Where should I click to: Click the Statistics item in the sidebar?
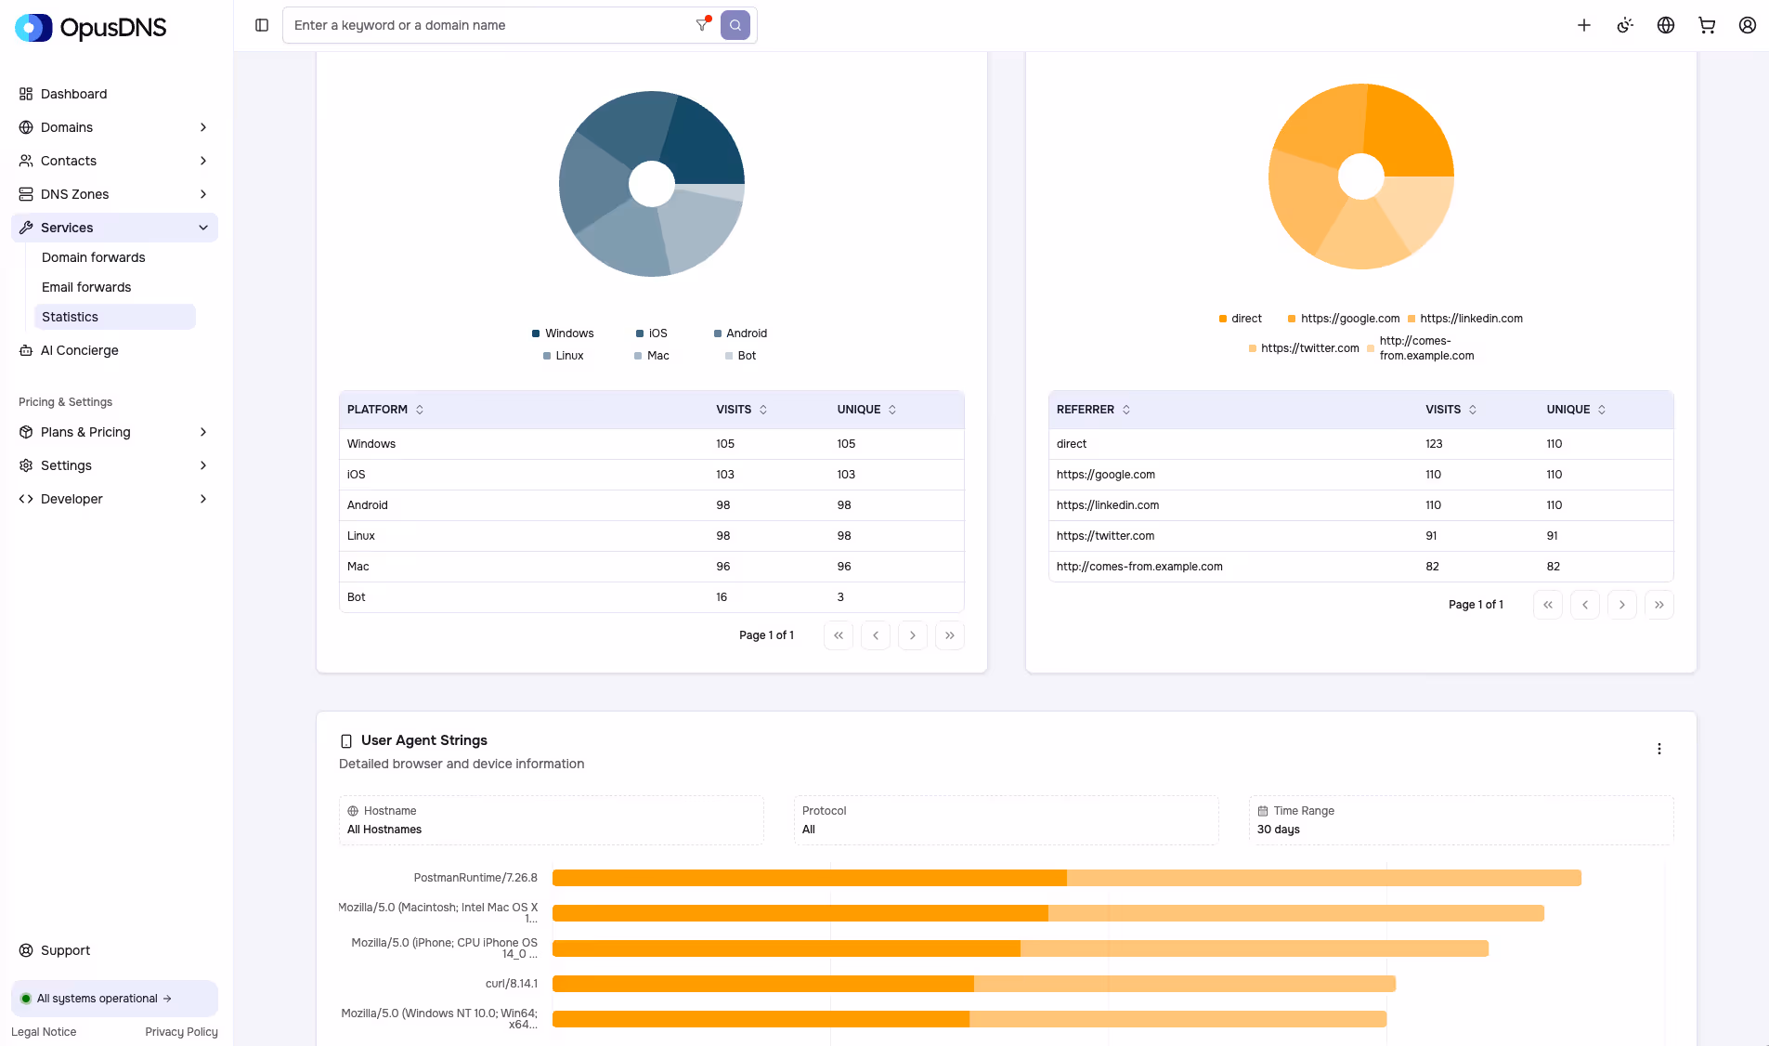pos(70,317)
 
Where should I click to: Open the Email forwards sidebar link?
pos(86,287)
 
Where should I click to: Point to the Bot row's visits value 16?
pos(722,597)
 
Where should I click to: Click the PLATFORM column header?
pos(378,410)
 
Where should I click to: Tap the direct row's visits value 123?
pos(1434,444)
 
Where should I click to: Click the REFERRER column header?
pos(1086,410)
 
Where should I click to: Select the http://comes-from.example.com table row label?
pos(1139,567)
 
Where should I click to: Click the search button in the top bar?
pos(735,25)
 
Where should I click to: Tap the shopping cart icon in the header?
pos(1707,25)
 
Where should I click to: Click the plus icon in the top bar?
pos(1584,25)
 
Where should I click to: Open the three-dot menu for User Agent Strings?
pos(1659,749)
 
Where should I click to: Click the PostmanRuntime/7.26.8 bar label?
pos(475,878)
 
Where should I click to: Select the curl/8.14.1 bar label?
pos(511,984)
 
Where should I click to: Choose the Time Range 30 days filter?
pos(1461,820)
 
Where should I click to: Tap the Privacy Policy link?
pos(181,1032)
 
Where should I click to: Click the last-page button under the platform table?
pos(949,635)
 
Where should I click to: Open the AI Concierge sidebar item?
pos(80,350)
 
